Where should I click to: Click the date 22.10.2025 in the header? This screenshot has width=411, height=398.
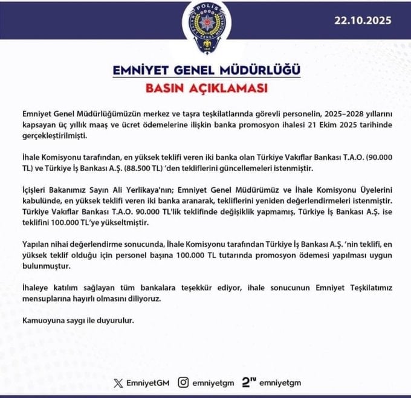click(x=363, y=19)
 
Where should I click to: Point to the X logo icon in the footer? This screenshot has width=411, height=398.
click(x=117, y=382)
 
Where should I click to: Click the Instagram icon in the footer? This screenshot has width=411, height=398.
click(x=184, y=382)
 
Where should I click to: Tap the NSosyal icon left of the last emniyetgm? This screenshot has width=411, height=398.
click(x=248, y=382)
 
